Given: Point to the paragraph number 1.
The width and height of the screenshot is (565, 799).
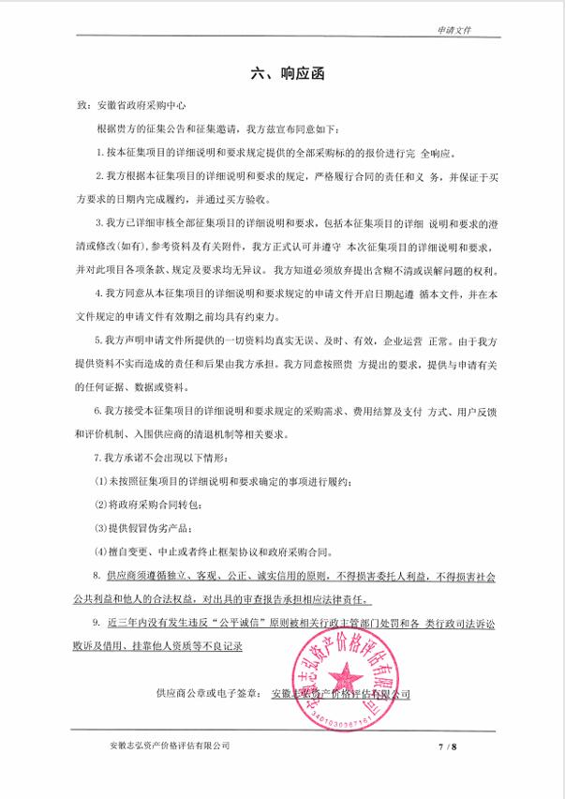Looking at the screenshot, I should [x=99, y=151].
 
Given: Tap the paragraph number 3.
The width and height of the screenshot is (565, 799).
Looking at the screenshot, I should [x=99, y=222].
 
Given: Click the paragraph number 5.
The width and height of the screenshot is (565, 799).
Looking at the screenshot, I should [x=99, y=341].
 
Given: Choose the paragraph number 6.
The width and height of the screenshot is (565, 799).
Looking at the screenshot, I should [x=99, y=412].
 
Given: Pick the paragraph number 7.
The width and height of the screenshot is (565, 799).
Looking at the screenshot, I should [x=99, y=459].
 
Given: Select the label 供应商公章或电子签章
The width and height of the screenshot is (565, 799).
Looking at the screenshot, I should [x=211, y=694].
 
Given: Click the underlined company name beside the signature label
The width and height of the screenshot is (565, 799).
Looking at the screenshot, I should [x=339, y=694].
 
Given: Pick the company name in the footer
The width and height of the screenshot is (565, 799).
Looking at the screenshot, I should [x=169, y=746].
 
